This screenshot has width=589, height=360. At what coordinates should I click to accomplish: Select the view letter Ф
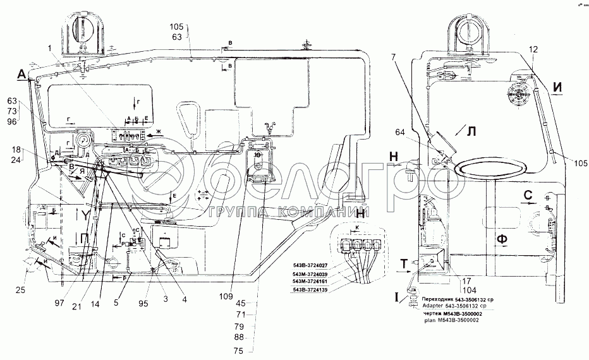click(502, 238)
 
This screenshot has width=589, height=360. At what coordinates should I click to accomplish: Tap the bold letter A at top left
click(21, 75)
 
